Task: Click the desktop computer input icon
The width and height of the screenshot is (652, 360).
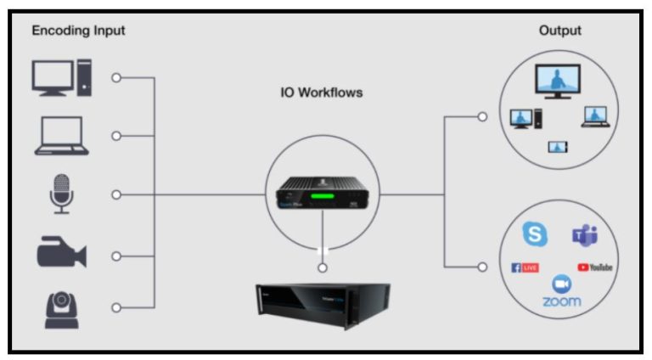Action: click(59, 77)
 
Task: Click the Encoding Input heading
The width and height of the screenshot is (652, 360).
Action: click(78, 31)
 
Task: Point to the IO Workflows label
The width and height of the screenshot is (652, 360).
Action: click(322, 92)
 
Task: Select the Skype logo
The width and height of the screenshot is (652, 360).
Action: click(535, 234)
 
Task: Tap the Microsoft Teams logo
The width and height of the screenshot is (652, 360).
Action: click(584, 235)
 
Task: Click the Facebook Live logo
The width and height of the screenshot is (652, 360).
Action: click(526, 267)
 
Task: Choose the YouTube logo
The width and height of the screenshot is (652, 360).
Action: click(594, 267)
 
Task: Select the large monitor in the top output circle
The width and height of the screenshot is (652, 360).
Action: click(557, 83)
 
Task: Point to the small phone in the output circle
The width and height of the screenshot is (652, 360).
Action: click(557, 147)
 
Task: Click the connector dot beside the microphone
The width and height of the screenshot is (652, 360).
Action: click(116, 194)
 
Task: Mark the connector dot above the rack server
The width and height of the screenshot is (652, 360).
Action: click(322, 268)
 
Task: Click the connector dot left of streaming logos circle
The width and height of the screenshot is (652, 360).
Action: click(482, 267)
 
